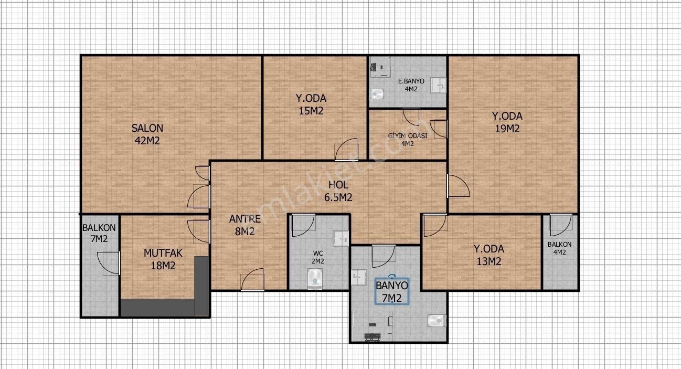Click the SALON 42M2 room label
pyautogui.click(x=147, y=134)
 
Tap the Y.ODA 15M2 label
pyautogui.click(x=311, y=104)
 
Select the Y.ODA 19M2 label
pyautogui.click(x=506, y=122)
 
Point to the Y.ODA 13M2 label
pyautogui.click(x=488, y=255)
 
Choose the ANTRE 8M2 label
pyautogui.click(x=244, y=226)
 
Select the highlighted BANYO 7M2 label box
pyautogui.click(x=391, y=292)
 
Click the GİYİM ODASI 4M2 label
pyautogui.click(x=408, y=140)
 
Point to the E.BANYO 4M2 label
pyautogui.click(x=407, y=85)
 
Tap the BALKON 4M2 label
pyautogui.click(x=559, y=248)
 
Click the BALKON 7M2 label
pyautogui.click(x=99, y=234)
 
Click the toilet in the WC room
pyautogui.click(x=315, y=278)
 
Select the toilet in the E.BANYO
pyautogui.click(x=377, y=94)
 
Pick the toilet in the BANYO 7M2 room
pyautogui.click(x=436, y=320)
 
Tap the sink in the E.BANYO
pyautogui.click(x=438, y=84)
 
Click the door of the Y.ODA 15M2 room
pyautogui.click(x=347, y=150)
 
